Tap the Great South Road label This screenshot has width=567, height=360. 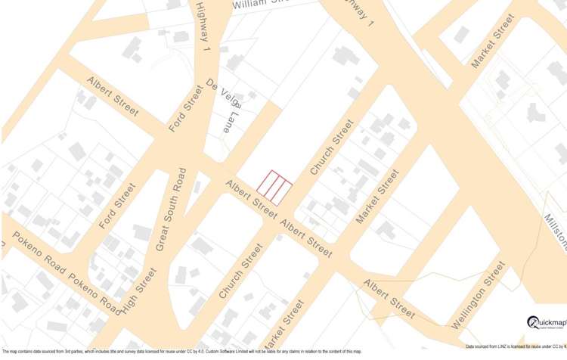coord(170,209)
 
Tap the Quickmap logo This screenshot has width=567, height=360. coord(546,322)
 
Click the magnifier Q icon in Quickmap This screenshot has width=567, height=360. coord(533,322)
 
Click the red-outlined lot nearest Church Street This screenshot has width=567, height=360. coord(283,191)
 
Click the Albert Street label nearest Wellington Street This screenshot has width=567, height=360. coord(389,298)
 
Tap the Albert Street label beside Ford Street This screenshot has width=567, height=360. coord(113,96)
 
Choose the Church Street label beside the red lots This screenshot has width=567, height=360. coord(332,147)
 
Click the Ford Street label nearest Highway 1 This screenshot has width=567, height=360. coord(186,109)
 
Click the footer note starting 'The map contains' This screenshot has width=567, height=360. coord(181,351)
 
